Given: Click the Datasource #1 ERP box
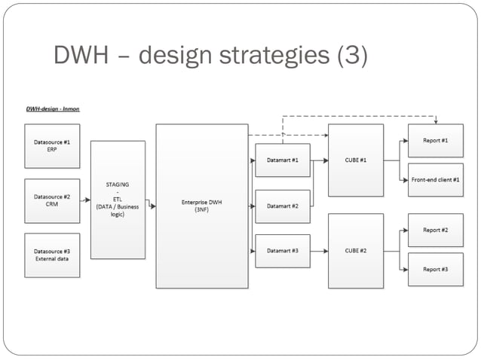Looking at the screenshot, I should pyautogui.click(x=52, y=146).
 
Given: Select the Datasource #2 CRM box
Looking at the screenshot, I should pyautogui.click(x=52, y=200).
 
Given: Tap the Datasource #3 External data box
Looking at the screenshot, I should pyautogui.click(x=52, y=255).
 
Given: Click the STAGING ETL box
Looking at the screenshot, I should pyautogui.click(x=118, y=200).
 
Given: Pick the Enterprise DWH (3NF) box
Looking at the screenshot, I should pyautogui.click(x=201, y=206).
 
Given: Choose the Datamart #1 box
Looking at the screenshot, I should pyautogui.click(x=283, y=160).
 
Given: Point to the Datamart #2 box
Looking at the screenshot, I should pyautogui.click(x=283, y=206).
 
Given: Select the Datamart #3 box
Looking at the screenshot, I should pyautogui.click(x=283, y=251).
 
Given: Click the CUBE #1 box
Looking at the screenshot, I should pyautogui.click(x=355, y=160).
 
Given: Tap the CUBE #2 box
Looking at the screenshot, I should pyautogui.click(x=355, y=251).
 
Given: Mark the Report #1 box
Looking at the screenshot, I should pyautogui.click(x=435, y=141).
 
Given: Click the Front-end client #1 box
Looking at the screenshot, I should pyautogui.click(x=435, y=180).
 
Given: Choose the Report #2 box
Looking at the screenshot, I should pyautogui.click(x=435, y=230).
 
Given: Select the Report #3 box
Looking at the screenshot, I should pyautogui.click(x=435, y=269).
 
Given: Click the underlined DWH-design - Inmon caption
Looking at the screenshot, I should pyautogui.click(x=52, y=109).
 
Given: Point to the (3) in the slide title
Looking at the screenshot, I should pyautogui.click(x=348, y=55).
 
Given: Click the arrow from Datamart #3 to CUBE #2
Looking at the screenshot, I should pyautogui.click(x=319, y=251).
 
